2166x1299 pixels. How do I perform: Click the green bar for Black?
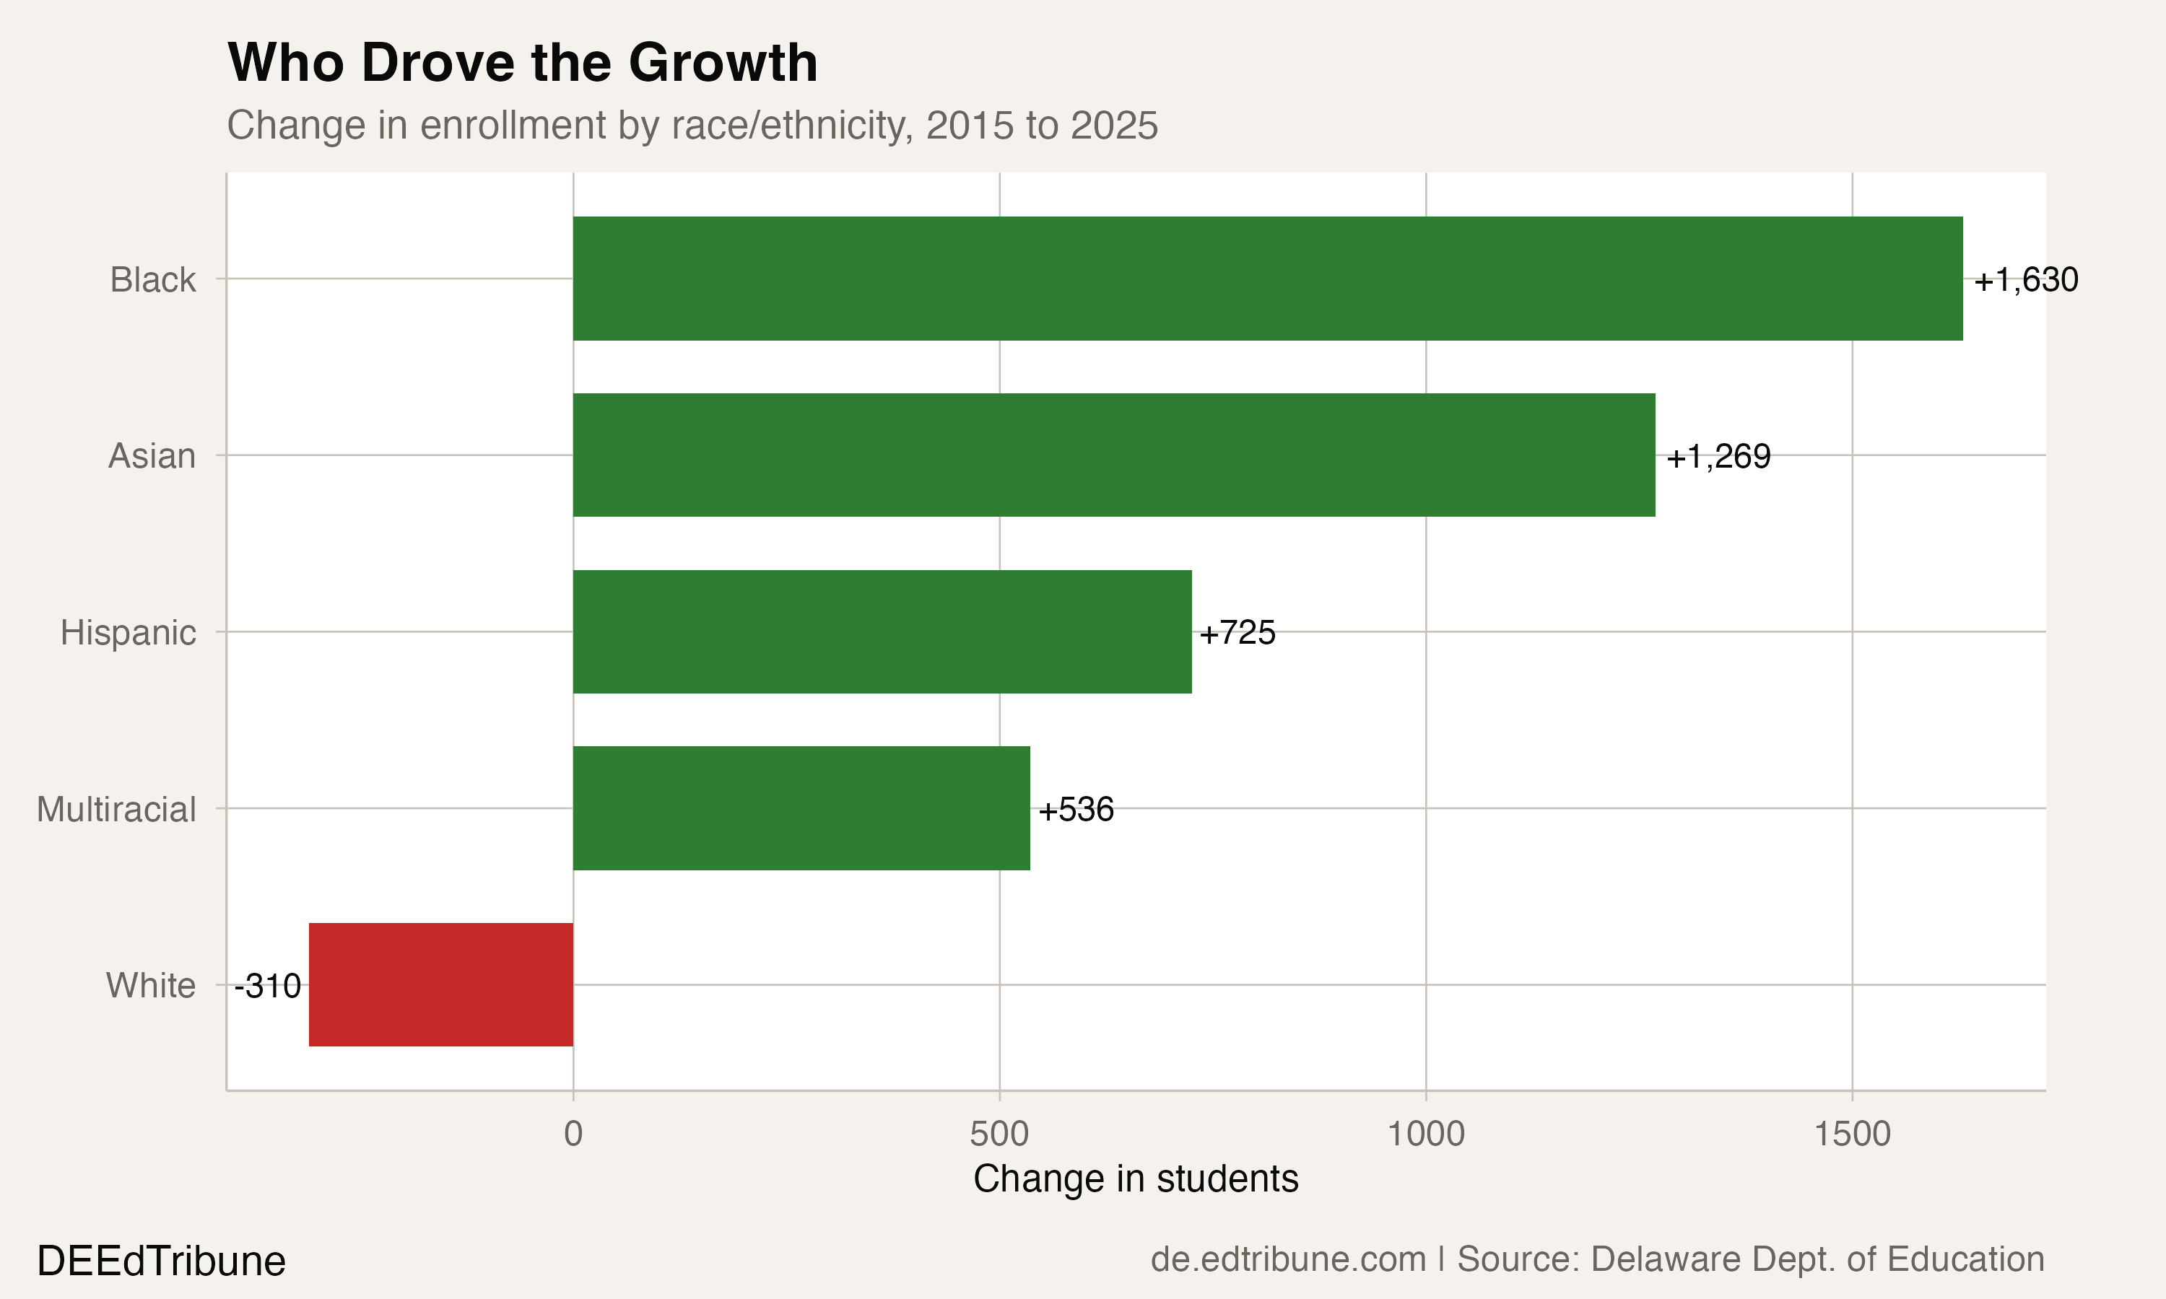tap(1268, 279)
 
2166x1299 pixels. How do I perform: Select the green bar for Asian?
tap(1113, 455)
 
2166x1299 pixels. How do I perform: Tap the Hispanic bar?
tap(882, 631)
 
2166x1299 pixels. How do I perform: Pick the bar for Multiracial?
tap(801, 808)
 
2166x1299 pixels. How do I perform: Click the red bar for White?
tap(441, 985)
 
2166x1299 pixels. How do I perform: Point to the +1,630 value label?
tap(2026, 280)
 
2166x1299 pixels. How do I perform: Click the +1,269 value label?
tap(1718, 456)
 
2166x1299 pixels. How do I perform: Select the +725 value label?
tap(1237, 633)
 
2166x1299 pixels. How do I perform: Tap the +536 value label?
tap(1075, 810)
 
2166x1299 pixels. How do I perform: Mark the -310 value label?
tap(268, 987)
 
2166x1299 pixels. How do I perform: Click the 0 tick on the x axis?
tap(573, 1134)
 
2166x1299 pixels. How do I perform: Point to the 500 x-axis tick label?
tap(999, 1134)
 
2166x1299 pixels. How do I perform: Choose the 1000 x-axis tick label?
tap(1425, 1134)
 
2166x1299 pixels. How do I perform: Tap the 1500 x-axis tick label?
tap(1852, 1134)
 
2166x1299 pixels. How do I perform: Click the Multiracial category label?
tap(116, 810)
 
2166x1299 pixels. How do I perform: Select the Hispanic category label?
tap(128, 633)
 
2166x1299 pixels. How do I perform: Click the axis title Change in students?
tap(1136, 1179)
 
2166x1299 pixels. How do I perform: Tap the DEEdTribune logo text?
tap(161, 1261)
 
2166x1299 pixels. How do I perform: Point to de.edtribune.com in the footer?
tap(1288, 1259)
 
